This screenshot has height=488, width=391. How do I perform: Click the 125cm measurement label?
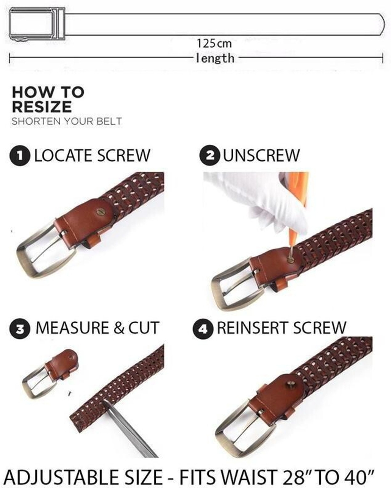(x=214, y=43)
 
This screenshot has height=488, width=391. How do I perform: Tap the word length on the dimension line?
(x=215, y=58)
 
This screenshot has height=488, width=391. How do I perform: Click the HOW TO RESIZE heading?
(x=48, y=100)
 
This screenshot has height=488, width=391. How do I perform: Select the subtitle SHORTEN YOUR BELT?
(x=67, y=121)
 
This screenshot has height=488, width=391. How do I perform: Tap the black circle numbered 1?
(x=20, y=156)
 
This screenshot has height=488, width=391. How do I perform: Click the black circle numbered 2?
(x=210, y=156)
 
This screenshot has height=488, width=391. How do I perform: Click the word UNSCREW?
(x=262, y=155)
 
